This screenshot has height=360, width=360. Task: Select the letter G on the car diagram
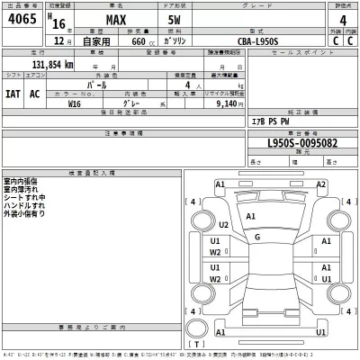click(257, 236)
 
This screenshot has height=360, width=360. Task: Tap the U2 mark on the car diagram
click(225, 225)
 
